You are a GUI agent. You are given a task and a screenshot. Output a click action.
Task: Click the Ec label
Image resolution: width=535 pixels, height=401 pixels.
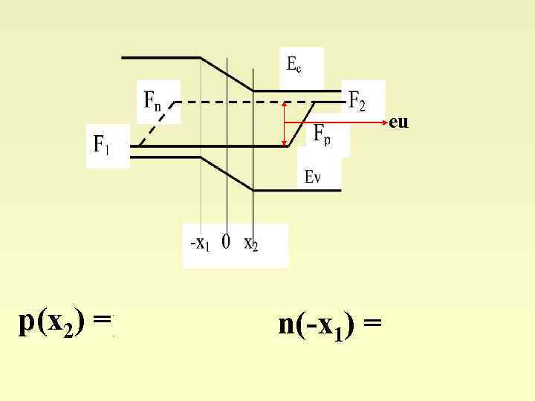tap(294, 65)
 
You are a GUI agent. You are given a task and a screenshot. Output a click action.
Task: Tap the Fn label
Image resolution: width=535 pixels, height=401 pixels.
tap(152, 100)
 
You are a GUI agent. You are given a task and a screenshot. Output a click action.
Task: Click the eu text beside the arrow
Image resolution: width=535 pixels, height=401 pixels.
tap(398, 122)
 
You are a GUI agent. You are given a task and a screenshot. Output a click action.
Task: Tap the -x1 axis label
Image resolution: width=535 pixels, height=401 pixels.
tap(200, 244)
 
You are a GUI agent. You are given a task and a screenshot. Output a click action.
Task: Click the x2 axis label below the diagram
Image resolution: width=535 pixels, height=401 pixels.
tap(251, 244)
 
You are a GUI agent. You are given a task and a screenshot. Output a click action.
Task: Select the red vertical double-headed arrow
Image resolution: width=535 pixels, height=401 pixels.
tap(285, 124)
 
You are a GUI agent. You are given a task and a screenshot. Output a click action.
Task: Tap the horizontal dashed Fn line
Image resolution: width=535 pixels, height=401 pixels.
tap(253, 102)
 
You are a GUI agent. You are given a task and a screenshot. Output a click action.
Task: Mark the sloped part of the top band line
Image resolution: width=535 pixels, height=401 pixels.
tap(227, 74)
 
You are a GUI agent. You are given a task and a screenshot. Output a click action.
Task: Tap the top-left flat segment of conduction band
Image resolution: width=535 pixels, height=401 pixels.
tap(160, 57)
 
